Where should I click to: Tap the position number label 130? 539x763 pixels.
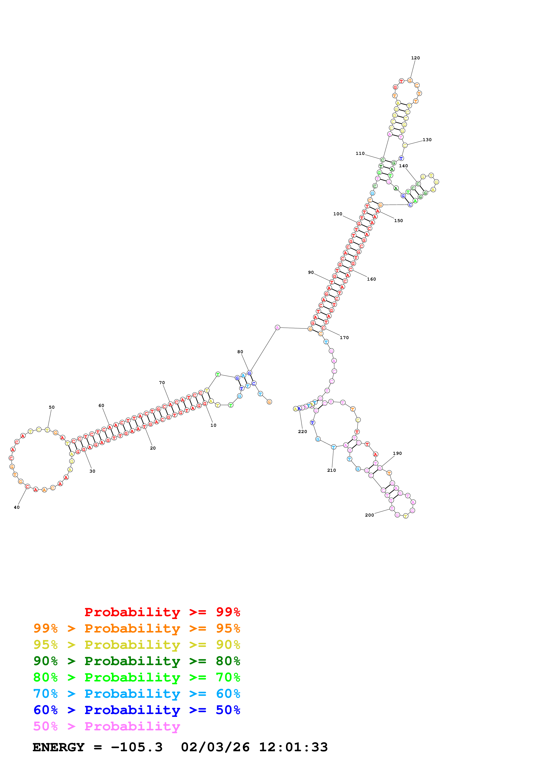(427, 140)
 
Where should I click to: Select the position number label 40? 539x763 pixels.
(17, 507)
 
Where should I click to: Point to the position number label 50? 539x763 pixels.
(52, 407)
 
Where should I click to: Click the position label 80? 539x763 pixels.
(240, 351)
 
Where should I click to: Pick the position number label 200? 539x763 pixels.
(369, 515)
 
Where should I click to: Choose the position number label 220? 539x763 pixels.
(302, 431)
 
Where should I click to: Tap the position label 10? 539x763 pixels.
(213, 425)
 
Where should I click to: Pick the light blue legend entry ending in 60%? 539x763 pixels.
(137, 694)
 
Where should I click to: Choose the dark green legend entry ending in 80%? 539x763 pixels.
(137, 661)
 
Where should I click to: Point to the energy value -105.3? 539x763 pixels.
(137, 747)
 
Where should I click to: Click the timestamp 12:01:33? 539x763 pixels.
(293, 747)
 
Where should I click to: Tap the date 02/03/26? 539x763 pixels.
(215, 747)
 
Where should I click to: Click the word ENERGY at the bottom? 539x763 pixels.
(58, 747)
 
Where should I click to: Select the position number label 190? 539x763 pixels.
(397, 453)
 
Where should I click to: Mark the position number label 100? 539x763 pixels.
(337, 214)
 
